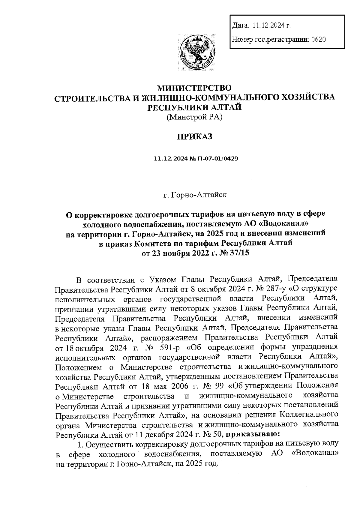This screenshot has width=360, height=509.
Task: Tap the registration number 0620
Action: click(x=319, y=39)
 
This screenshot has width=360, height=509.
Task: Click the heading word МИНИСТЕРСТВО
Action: click(x=195, y=88)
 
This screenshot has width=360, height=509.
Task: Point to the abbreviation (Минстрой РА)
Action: click(x=194, y=117)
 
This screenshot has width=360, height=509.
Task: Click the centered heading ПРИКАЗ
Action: click(x=194, y=137)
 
